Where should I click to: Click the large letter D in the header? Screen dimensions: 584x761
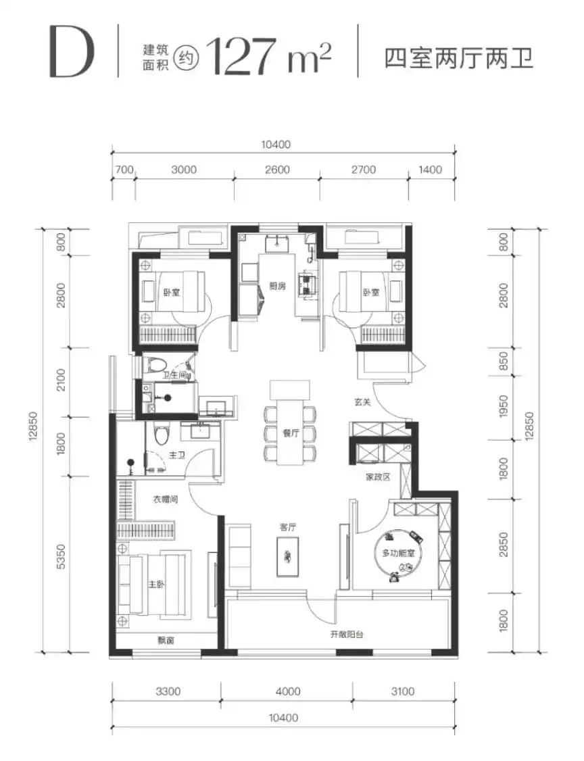pos(72,51)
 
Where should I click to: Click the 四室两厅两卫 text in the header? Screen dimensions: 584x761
pos(459,57)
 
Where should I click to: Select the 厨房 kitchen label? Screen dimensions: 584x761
pos(278,286)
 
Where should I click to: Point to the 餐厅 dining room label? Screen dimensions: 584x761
pos(291,433)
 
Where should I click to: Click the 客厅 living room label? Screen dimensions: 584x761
pos(287,527)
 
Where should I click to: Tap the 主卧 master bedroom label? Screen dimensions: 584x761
pos(156,585)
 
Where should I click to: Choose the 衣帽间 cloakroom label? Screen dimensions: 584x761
pos(166,499)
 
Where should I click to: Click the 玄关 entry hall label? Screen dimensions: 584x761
pos(362,402)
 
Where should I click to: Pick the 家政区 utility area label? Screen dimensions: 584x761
pos(378,477)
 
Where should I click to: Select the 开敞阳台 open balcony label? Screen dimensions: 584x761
pos(347,634)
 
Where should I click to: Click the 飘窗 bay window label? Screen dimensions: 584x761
pos(166,641)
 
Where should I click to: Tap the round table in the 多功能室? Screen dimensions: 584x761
pos(399,554)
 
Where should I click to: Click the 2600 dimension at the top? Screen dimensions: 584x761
pos(278,170)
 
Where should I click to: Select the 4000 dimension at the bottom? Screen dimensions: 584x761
pos(288,691)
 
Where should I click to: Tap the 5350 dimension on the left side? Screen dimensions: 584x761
pos(60,557)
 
